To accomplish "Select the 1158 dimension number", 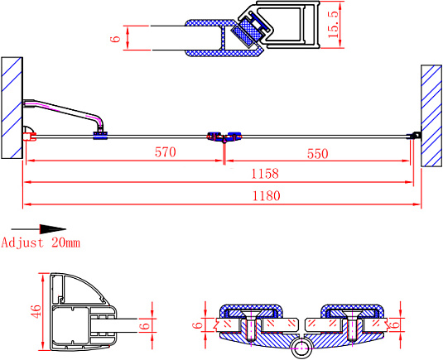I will [265, 174].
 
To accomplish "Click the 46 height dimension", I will [36, 313].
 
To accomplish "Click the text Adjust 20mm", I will [41, 242].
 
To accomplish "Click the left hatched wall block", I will [12, 106].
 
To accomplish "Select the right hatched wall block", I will [431, 116].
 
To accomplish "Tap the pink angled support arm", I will [63, 109].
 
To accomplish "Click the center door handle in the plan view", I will [224, 136].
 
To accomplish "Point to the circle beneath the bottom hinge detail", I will [302, 349].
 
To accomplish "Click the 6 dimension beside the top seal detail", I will [117, 37].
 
